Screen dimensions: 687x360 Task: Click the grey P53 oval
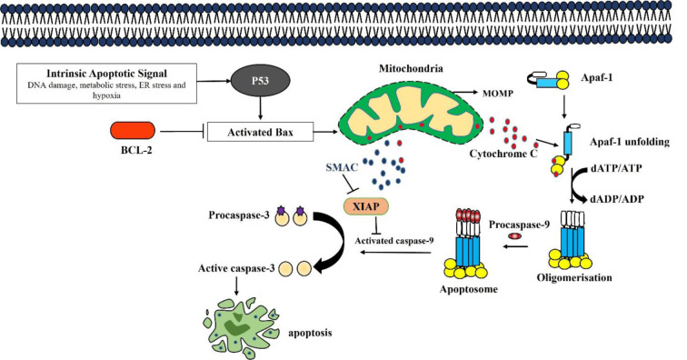click(260, 81)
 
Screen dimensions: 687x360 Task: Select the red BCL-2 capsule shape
click(133, 131)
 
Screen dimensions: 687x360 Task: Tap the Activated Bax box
click(260, 132)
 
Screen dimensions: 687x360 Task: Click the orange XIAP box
click(366, 206)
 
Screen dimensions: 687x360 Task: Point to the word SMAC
click(342, 167)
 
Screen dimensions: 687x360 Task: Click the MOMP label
click(497, 94)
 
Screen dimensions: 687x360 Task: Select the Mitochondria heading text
click(411, 68)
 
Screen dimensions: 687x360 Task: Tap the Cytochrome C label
click(503, 154)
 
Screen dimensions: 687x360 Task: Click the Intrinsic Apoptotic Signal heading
click(107, 74)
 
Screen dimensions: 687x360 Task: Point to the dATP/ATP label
click(615, 168)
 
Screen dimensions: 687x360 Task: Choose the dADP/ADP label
click(617, 199)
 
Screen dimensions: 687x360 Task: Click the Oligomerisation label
click(574, 277)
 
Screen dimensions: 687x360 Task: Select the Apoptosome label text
click(469, 289)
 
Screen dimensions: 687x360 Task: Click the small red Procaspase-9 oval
click(515, 236)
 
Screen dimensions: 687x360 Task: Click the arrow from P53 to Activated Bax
click(261, 108)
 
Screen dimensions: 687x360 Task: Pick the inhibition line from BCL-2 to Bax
click(183, 131)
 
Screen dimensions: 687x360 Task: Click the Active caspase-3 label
click(236, 268)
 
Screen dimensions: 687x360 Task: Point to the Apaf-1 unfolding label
click(630, 142)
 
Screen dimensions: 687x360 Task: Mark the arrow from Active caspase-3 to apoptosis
click(236, 286)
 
